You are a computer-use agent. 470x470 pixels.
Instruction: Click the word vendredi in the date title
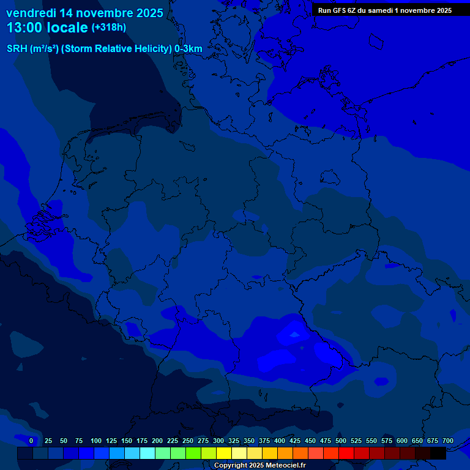click(31, 13)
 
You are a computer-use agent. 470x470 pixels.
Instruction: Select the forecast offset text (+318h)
click(108, 28)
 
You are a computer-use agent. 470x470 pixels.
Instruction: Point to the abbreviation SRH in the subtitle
click(17, 49)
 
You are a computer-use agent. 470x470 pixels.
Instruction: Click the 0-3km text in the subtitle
click(188, 49)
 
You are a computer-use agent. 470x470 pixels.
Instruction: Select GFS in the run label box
click(341, 10)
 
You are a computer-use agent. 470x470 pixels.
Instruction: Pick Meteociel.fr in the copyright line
click(281, 466)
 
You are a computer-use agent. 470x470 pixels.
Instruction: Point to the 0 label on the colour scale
click(31, 441)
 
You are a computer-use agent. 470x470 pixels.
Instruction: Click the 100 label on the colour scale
click(96, 441)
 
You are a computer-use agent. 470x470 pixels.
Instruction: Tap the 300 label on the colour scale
click(218, 441)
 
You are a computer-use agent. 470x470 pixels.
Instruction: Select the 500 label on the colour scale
click(341, 441)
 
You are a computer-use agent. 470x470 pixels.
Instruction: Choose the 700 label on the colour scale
click(447, 441)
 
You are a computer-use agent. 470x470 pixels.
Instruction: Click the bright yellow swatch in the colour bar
click(224, 453)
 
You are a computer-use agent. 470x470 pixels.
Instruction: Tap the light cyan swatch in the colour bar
click(147, 453)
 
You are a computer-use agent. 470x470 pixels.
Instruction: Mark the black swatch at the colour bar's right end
click(438, 453)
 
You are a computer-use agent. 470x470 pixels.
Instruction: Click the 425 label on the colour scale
click(295, 441)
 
